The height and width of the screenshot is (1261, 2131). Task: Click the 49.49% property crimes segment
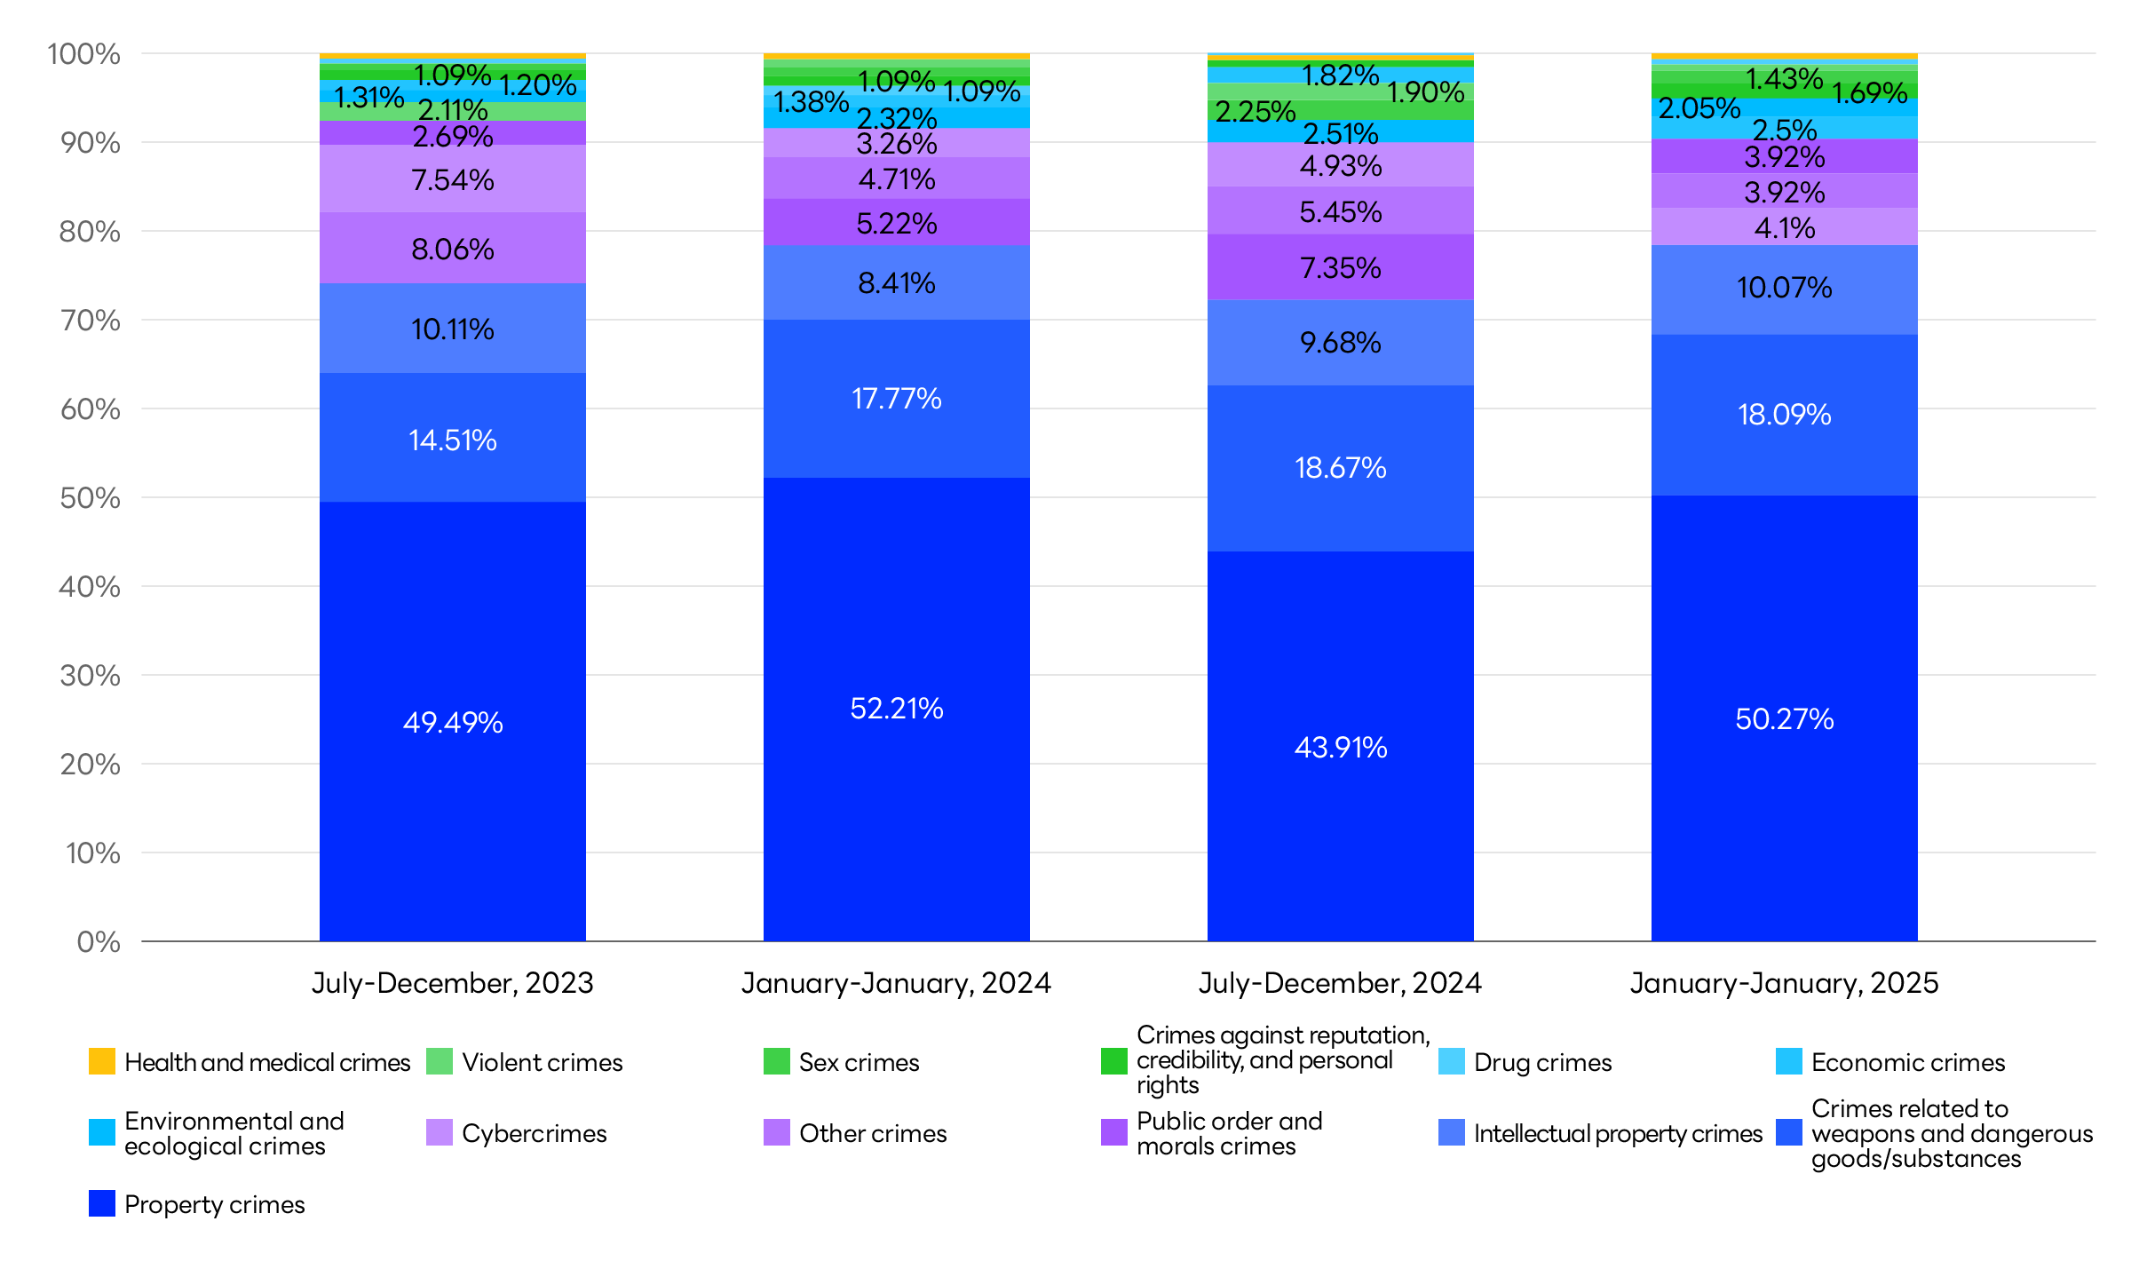(453, 722)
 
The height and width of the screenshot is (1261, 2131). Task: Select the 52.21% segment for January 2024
(897, 709)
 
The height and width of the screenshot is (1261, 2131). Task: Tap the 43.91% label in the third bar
(1341, 747)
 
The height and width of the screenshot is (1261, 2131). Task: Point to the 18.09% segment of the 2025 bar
(1785, 415)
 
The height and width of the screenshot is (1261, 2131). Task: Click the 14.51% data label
(453, 440)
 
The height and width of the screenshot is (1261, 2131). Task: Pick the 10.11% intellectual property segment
(453, 329)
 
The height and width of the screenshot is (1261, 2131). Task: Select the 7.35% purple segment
(1341, 267)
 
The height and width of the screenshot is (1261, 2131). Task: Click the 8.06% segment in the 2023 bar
(453, 249)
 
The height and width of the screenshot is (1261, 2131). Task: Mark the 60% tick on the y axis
(90, 409)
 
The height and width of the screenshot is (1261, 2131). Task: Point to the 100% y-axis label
(83, 54)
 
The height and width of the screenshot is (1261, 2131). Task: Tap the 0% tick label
(99, 941)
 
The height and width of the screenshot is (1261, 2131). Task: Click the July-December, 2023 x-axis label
(453, 983)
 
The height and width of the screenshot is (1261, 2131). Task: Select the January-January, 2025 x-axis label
(1785, 983)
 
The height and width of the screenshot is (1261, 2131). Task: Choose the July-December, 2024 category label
(1341, 983)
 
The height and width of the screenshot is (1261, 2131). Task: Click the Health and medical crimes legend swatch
(102, 1061)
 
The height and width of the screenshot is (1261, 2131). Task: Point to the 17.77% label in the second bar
(897, 399)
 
